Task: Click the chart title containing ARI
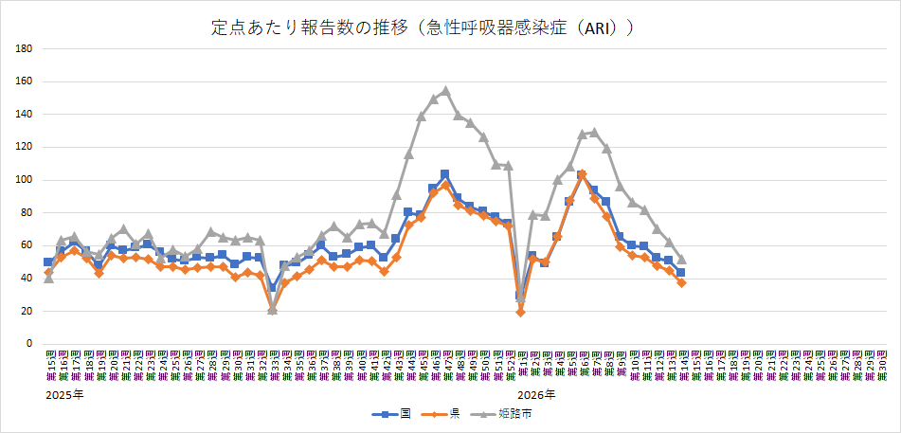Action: coord(423,28)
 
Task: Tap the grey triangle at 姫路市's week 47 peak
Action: coord(445,91)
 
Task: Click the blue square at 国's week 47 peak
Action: coord(445,174)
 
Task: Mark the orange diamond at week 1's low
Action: coord(520,312)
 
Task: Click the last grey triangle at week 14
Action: coord(681,259)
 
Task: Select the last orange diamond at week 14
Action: coord(681,282)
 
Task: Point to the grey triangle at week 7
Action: coord(594,133)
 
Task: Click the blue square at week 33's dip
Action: coord(272,287)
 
